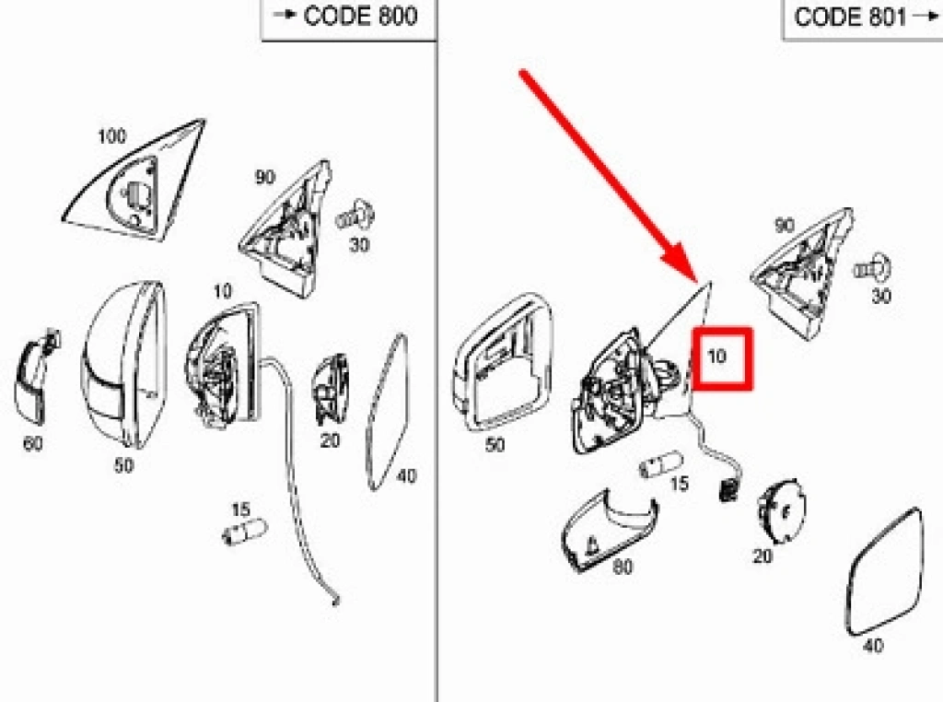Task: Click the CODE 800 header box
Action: (x=349, y=19)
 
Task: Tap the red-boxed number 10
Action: (x=716, y=357)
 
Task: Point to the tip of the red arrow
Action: (x=698, y=282)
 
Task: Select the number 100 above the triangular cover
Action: (x=111, y=136)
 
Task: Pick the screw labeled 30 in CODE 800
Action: (x=355, y=216)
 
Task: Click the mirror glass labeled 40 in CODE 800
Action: (x=388, y=412)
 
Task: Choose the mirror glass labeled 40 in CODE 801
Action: (x=884, y=571)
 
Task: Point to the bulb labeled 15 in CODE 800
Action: (x=244, y=532)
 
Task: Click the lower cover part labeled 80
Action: (x=609, y=531)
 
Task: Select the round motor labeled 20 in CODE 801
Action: (x=782, y=511)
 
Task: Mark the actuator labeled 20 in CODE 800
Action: (x=331, y=390)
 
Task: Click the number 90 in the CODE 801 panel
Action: (x=785, y=226)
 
